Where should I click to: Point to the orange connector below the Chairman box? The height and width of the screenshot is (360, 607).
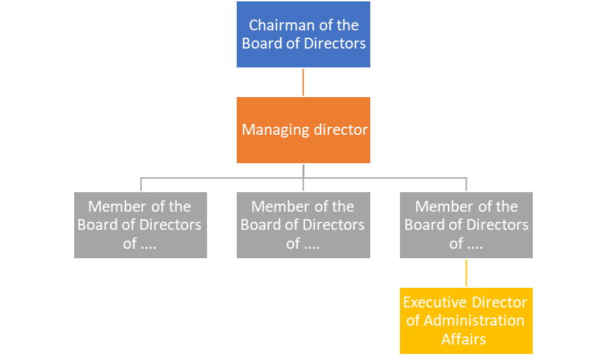point(303,82)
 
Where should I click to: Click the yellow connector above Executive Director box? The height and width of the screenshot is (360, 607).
point(466,273)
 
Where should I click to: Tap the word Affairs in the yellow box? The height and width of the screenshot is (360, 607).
point(464,339)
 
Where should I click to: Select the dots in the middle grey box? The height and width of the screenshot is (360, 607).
point(312,244)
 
